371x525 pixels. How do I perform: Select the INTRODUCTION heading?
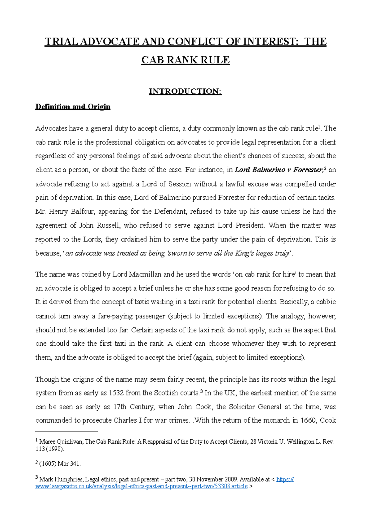(x=185, y=91)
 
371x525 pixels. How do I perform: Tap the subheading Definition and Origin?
(x=73, y=107)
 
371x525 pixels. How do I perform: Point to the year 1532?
(x=116, y=393)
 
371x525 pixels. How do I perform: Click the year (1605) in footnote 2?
(x=47, y=464)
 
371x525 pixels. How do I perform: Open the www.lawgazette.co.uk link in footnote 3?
(x=141, y=486)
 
